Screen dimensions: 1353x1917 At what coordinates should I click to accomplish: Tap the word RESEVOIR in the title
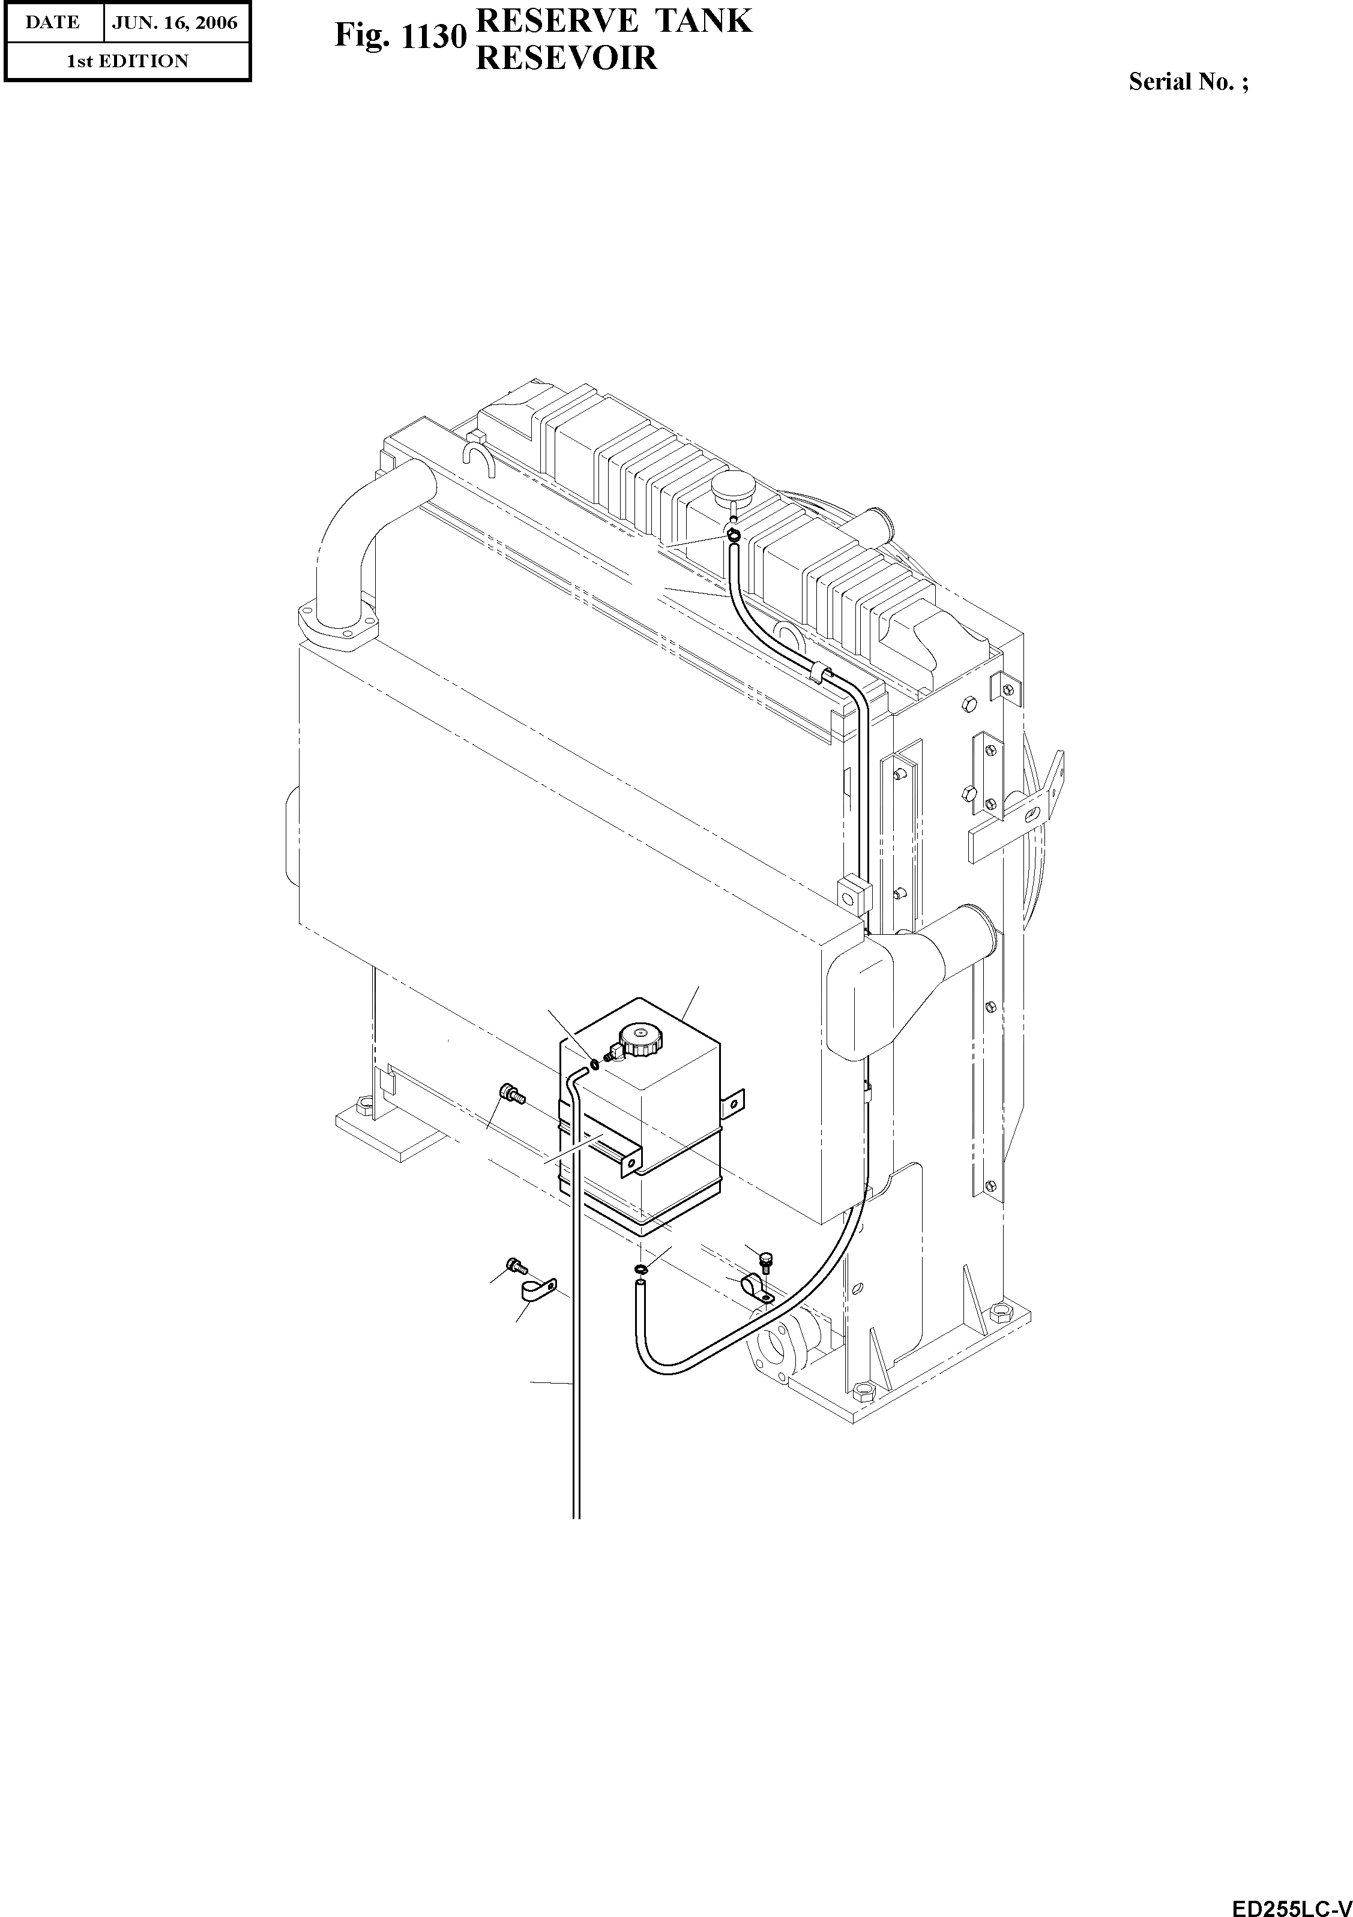[565, 58]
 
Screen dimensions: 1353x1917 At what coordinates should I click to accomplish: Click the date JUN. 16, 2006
[175, 23]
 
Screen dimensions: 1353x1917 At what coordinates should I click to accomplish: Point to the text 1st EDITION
[128, 61]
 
